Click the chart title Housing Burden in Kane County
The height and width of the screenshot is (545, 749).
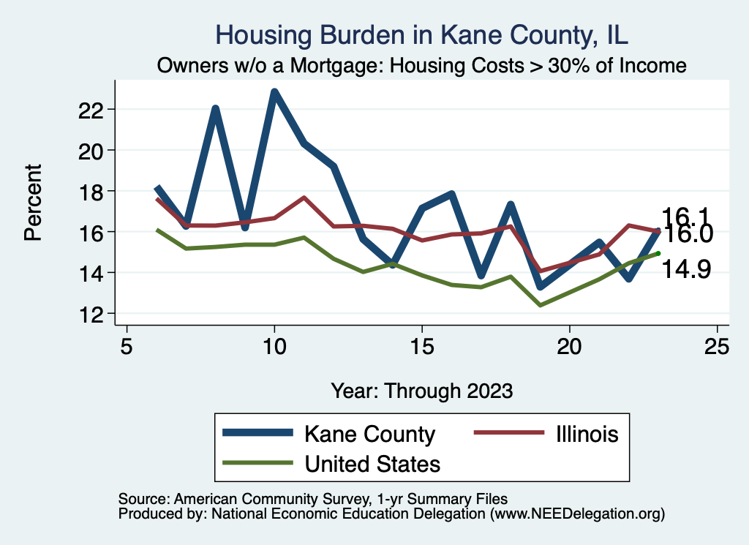[422, 35]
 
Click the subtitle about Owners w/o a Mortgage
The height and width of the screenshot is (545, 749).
[422, 66]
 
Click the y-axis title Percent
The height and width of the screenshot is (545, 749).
[33, 212]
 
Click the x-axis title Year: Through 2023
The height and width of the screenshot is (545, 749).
[422, 390]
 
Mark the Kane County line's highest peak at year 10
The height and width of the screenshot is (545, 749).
[274, 93]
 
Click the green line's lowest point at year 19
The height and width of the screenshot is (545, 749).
[540, 304]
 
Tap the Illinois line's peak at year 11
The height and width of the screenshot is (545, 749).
[304, 198]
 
